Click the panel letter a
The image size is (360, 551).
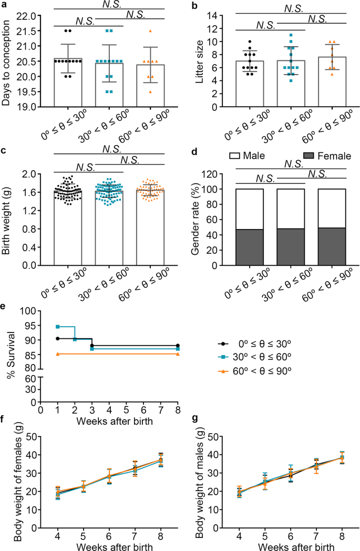pos(4,6)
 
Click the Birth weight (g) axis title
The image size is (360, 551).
pos(7,220)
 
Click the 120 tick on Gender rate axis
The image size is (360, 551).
pos(217,174)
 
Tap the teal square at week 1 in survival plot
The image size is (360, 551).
pos(58,327)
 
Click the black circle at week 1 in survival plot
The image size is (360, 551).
pos(58,338)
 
